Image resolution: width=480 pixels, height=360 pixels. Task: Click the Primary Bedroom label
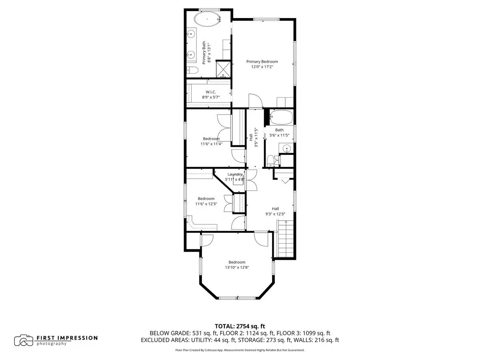point(262,62)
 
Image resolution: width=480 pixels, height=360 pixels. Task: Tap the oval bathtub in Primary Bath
point(207,19)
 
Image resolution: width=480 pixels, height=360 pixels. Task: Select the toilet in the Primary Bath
point(192,70)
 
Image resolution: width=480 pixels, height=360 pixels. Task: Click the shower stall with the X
point(223,69)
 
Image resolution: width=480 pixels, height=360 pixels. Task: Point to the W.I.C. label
point(211,92)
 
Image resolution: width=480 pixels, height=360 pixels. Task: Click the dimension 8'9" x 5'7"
point(211,97)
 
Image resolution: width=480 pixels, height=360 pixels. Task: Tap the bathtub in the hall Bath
point(281,117)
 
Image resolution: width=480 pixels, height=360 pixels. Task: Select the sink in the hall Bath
point(286,149)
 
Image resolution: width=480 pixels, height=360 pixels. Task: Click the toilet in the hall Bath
point(271,161)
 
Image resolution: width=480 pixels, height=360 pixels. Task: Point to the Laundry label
point(235,174)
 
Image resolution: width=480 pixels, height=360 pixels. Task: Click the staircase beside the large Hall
point(285,239)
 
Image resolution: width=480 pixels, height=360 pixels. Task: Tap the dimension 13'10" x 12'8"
point(237,267)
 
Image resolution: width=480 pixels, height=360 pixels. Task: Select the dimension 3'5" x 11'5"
point(256,138)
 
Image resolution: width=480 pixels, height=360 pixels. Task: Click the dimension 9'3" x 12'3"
point(275,214)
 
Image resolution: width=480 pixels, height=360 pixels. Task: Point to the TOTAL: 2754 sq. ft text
point(240,326)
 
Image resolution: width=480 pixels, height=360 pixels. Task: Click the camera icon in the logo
point(24,340)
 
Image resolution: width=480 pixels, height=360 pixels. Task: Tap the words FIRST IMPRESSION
point(67,338)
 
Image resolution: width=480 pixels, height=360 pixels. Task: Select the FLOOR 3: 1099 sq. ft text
point(303,333)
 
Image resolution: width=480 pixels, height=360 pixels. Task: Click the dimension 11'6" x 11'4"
point(212,144)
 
